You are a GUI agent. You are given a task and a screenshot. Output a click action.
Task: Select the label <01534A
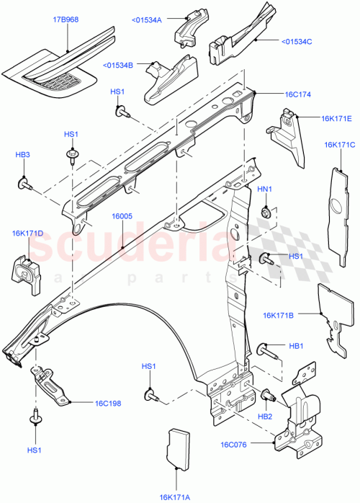tap(148, 19)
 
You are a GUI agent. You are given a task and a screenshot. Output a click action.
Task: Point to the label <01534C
tap(297, 41)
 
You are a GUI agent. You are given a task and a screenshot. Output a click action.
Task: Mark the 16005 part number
tap(122, 215)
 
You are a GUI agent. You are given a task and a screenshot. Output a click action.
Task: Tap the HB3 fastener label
tap(23, 155)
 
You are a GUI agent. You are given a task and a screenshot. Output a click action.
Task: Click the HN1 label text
tap(265, 189)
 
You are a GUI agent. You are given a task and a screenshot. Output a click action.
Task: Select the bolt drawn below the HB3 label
tap(26, 184)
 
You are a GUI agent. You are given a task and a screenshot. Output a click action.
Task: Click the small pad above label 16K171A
tap(177, 447)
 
